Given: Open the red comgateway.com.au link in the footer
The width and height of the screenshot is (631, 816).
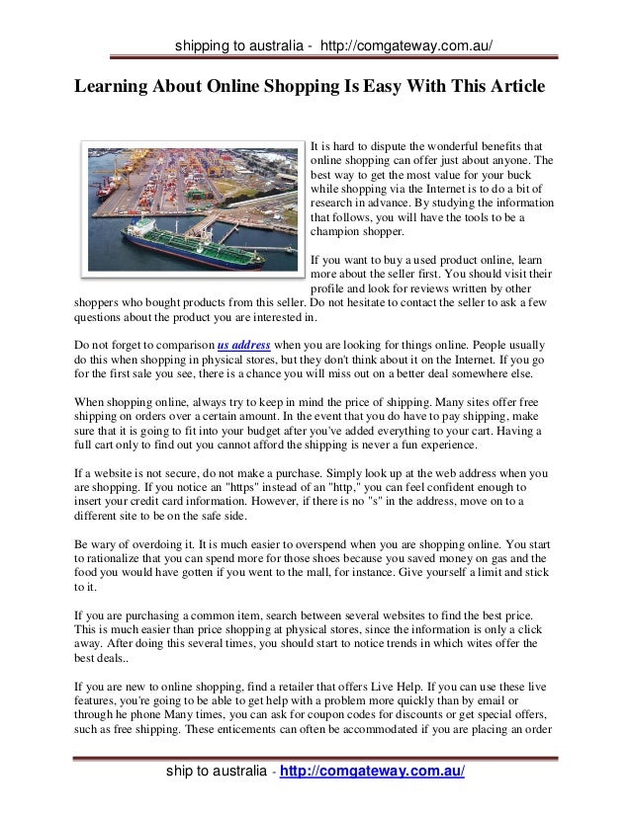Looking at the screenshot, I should tap(373, 772).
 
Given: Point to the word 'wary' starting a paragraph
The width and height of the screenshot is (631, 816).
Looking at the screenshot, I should tap(110, 543).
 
